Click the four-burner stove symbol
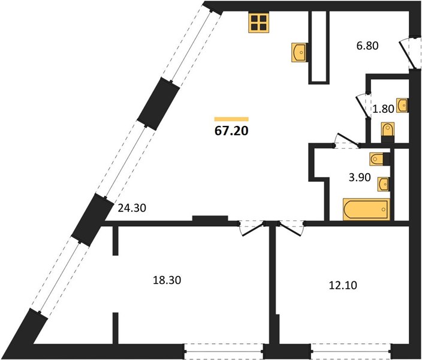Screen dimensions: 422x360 click(258, 23)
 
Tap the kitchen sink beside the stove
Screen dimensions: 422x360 click(300, 52)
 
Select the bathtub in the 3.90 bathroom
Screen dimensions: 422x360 click(366, 209)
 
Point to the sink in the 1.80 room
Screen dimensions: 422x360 click(402, 106)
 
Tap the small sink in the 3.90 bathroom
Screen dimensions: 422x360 click(383, 184)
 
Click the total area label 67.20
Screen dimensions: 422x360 click(231, 131)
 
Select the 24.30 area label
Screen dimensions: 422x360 click(132, 208)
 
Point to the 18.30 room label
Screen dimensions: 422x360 click(167, 280)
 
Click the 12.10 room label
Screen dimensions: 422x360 click(343, 285)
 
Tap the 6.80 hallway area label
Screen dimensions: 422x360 click(367, 46)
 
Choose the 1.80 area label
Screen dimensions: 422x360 click(383, 109)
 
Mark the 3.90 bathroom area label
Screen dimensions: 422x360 click(360, 178)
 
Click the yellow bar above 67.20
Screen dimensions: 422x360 click(231, 119)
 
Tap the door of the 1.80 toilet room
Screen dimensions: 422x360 click(363, 106)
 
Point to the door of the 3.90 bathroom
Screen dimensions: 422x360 click(347, 140)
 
